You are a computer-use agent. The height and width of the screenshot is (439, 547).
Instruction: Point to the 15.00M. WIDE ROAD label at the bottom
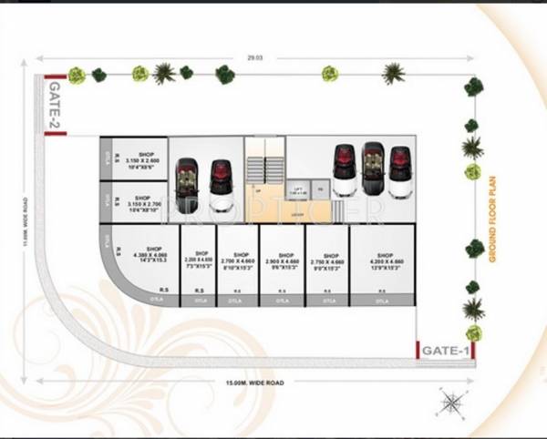tap(249, 383)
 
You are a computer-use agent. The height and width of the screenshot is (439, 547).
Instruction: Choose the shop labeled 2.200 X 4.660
tap(199, 263)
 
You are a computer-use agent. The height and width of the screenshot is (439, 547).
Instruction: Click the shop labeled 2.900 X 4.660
tap(284, 263)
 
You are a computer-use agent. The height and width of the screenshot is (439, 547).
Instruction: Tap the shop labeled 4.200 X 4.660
tap(383, 263)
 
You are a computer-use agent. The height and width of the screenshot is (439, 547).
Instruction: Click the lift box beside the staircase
tap(300, 189)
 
